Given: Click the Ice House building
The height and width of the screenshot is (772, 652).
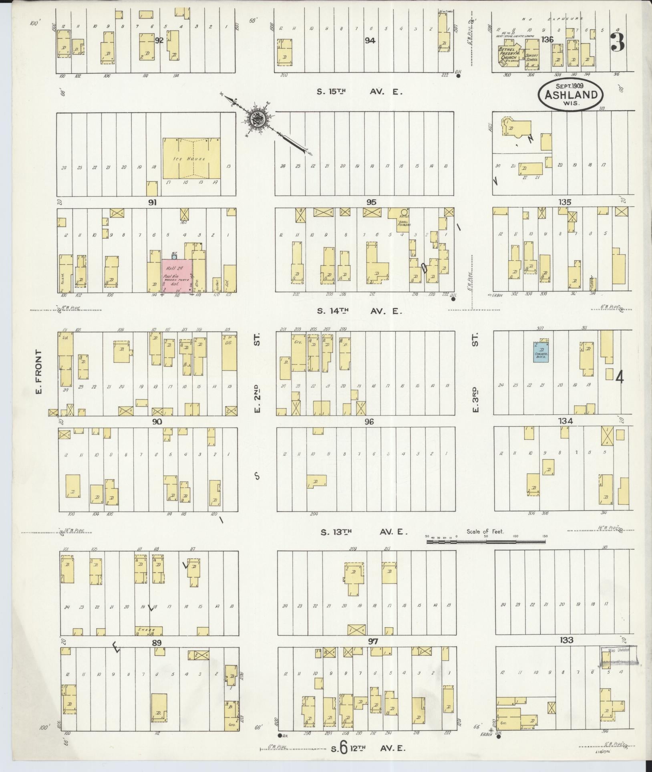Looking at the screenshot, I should tap(191, 159).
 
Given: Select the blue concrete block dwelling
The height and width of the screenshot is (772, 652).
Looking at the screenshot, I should tap(541, 352).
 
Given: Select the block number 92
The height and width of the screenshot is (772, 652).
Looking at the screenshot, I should tap(159, 40).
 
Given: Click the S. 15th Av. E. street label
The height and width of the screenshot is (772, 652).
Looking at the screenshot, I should tap(359, 91).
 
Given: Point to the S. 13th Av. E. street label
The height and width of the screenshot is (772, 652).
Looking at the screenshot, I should tap(364, 532).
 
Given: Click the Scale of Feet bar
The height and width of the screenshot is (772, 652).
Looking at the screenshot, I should tap(486, 542).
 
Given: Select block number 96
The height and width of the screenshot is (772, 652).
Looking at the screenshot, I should tap(369, 421).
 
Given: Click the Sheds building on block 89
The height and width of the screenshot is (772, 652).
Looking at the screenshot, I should tap(149, 631).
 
